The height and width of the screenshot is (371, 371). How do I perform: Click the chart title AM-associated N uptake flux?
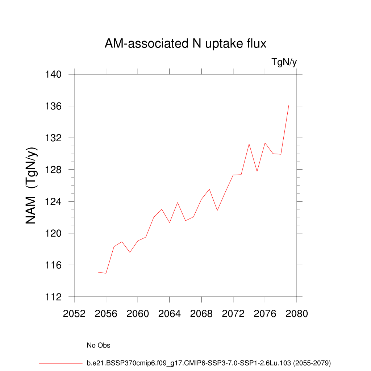(x=185, y=44)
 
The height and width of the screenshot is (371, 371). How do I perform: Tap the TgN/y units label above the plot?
(x=284, y=62)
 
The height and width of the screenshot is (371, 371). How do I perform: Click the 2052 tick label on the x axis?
(x=74, y=313)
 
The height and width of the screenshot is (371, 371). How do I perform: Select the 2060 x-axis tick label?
(x=138, y=313)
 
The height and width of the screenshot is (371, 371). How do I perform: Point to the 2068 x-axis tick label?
(x=201, y=313)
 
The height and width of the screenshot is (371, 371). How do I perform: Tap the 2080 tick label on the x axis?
(x=297, y=313)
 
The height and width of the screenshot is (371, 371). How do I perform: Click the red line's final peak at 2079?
(x=289, y=105)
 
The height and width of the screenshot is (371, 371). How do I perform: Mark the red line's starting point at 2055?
(x=98, y=272)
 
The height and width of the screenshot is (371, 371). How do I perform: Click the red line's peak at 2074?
(x=249, y=144)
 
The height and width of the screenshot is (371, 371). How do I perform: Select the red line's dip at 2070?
(x=217, y=210)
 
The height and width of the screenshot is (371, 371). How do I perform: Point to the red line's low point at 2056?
(x=106, y=273)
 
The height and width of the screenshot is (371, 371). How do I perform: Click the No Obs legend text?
(x=99, y=345)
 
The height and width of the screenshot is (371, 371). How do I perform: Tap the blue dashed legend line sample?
(x=59, y=345)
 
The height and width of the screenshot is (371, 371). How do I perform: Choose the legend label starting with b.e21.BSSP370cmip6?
(x=209, y=363)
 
